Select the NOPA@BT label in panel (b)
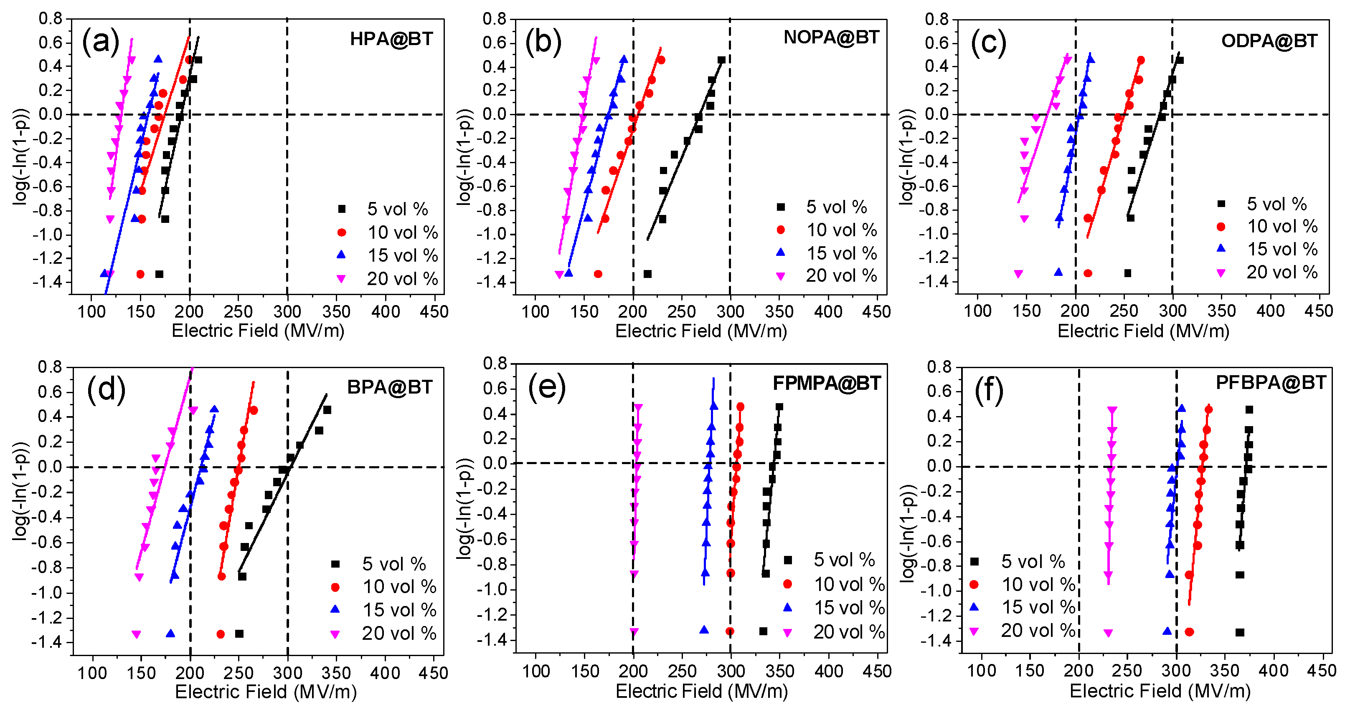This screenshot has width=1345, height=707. click(831, 38)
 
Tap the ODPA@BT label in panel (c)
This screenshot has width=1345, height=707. click(1269, 41)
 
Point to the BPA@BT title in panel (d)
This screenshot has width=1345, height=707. click(389, 387)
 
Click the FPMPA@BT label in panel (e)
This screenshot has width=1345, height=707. click(827, 383)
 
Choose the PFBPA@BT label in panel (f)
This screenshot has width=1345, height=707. click(1270, 382)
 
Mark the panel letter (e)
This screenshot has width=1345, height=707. click(547, 388)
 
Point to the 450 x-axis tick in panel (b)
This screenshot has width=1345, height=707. click(876, 312)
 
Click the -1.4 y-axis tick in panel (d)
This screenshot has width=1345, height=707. click(47, 642)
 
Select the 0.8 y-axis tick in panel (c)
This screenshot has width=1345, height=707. click(936, 19)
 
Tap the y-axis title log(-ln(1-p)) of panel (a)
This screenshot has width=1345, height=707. click(21, 157)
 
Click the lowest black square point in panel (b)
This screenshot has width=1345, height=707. click(647, 274)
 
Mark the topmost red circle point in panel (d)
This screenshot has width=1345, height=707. click(253, 411)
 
